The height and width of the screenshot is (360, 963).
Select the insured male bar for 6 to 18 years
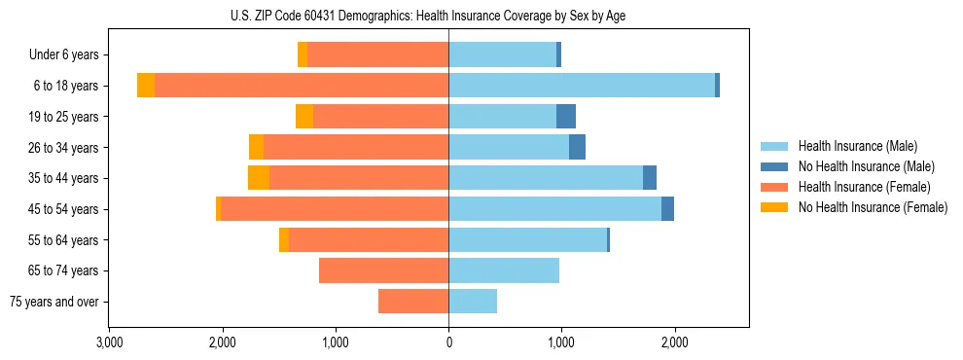[581, 86]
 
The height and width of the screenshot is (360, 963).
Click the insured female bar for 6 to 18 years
[302, 86]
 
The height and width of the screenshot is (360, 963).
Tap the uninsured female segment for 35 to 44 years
[259, 178]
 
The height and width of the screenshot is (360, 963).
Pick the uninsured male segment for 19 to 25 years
[566, 117]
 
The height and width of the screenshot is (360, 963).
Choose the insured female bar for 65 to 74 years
[383, 270]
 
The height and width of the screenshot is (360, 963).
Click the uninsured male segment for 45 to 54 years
[667, 209]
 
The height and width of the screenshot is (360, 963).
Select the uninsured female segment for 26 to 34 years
[256, 147]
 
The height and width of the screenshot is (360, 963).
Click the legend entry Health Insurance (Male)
[857, 146]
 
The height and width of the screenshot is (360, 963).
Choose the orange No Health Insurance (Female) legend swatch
[775, 207]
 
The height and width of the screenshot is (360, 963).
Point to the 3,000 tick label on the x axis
[109, 342]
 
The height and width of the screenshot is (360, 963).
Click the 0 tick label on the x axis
[448, 342]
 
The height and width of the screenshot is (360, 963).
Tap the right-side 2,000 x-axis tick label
[674, 342]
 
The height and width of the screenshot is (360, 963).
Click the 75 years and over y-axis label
[53, 302]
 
